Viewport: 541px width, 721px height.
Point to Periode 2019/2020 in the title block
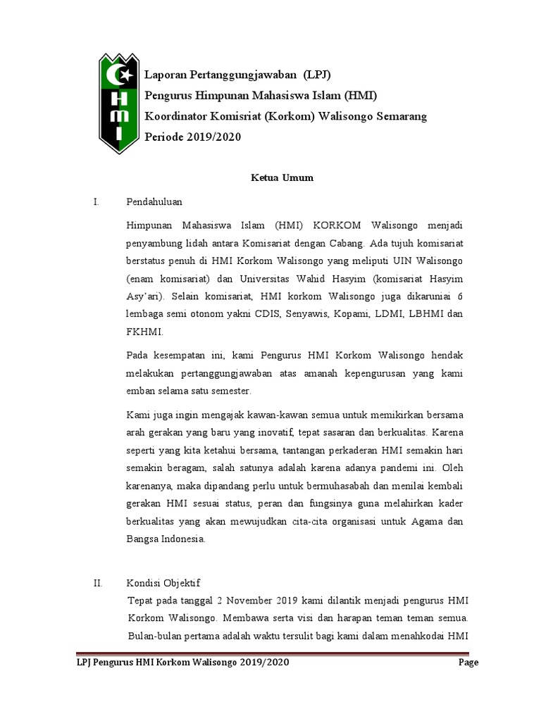click(x=192, y=137)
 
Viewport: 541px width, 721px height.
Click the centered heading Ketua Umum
click(x=282, y=178)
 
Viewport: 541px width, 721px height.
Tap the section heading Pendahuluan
click(x=154, y=202)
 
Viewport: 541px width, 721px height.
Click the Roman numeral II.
click(x=98, y=583)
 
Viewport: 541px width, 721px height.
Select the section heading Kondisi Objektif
click(x=163, y=583)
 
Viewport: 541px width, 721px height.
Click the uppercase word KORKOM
click(x=337, y=225)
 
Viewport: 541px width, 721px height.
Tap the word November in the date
click(x=245, y=600)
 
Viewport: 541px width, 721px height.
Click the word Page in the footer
click(x=468, y=663)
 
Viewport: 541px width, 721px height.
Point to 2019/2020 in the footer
click(x=264, y=663)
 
